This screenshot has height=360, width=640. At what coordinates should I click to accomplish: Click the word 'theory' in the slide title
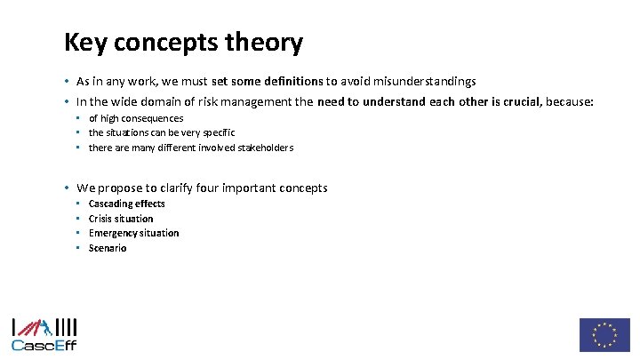click(x=266, y=42)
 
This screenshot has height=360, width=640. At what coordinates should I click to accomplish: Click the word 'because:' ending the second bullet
click(x=569, y=101)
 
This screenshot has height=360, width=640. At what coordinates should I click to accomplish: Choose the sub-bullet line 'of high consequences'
click(x=135, y=118)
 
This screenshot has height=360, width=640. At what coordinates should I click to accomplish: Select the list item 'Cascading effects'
click(x=126, y=204)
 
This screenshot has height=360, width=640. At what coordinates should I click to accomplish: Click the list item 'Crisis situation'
click(x=121, y=219)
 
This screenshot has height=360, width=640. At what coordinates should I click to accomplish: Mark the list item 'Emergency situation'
click(x=133, y=233)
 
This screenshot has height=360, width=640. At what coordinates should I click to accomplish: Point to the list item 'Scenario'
click(x=108, y=248)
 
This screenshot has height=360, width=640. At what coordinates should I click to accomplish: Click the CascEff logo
click(x=44, y=334)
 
